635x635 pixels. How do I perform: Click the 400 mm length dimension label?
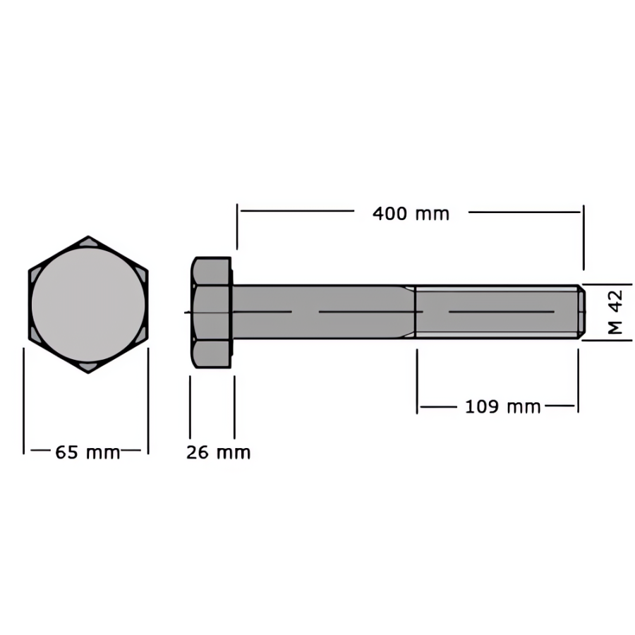(x=411, y=214)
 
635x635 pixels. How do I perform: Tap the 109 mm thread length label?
(x=502, y=407)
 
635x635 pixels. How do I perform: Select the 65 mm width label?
(x=88, y=452)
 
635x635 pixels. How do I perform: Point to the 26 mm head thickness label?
(x=218, y=452)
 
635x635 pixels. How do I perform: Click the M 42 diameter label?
(x=615, y=312)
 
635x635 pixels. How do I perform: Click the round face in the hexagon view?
(x=88, y=305)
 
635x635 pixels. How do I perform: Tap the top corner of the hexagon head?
(x=88, y=236)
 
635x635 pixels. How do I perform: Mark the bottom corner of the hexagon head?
(x=88, y=373)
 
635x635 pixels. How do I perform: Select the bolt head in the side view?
(x=212, y=313)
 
